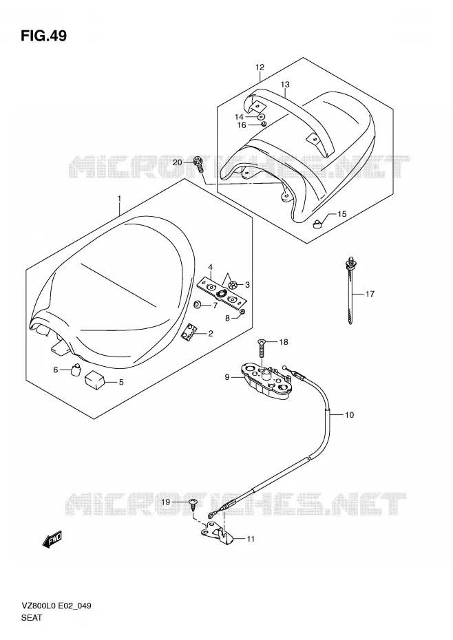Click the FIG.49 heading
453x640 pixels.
point(43,36)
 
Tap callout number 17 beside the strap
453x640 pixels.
point(370,293)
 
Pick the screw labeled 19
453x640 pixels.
point(193,504)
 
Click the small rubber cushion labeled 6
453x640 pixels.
point(75,370)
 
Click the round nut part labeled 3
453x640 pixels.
point(233,285)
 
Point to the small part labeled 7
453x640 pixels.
point(198,304)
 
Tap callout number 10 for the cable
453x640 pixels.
point(349,415)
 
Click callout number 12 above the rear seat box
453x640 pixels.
point(260,67)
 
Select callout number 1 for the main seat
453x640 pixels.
point(119,198)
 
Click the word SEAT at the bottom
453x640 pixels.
point(32,617)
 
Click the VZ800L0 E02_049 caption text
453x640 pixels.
point(56,606)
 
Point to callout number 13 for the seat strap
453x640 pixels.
point(285,85)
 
